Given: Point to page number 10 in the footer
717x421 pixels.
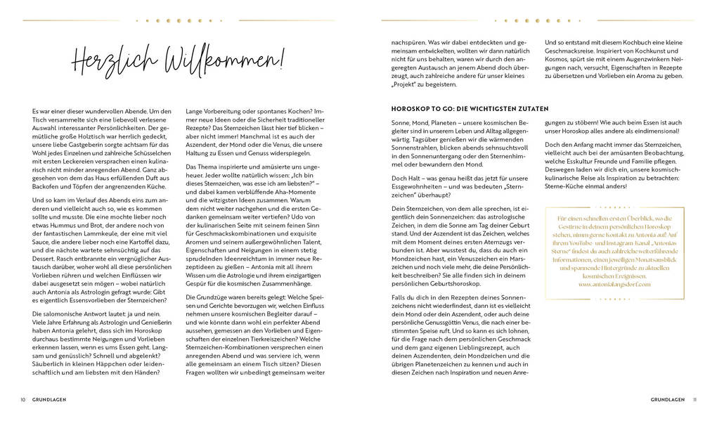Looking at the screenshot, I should [23, 400].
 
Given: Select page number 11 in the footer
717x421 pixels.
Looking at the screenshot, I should [695, 400].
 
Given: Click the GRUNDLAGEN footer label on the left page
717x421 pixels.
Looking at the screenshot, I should [49, 400].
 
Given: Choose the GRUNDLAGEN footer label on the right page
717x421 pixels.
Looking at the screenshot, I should [668, 400].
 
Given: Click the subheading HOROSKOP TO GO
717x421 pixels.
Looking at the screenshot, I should [470, 109].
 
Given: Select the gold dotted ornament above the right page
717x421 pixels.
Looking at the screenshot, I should [538, 20].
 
